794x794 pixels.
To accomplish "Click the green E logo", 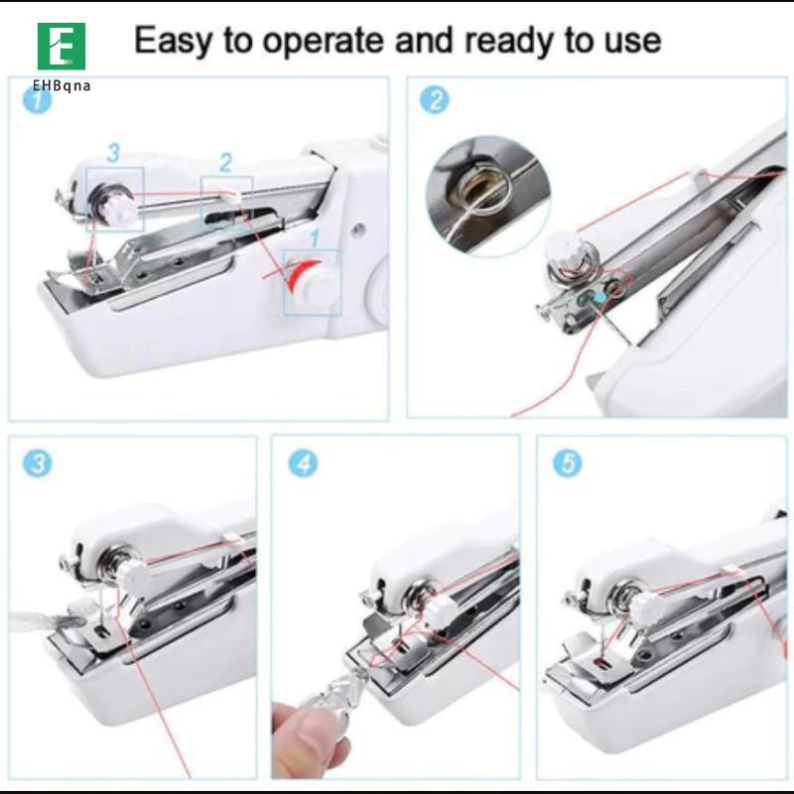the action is [x=62, y=46].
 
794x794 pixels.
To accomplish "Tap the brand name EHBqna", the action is [x=62, y=85].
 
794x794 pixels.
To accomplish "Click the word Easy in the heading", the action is [x=172, y=42].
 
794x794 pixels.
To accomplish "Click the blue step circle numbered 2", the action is [x=435, y=100].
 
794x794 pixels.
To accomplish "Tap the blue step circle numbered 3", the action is [x=38, y=463].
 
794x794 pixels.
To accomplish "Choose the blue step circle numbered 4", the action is [x=303, y=463].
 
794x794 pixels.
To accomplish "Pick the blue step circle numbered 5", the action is [x=567, y=463].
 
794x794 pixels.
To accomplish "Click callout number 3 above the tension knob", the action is [x=113, y=153].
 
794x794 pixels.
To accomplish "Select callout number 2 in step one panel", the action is [x=226, y=163].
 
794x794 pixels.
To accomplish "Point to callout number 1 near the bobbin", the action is [x=315, y=239].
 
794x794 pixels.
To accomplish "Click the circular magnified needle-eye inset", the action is [x=489, y=196].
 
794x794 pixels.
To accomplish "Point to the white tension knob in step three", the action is [x=133, y=575].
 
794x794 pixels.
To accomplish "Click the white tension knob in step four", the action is [x=436, y=613].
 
